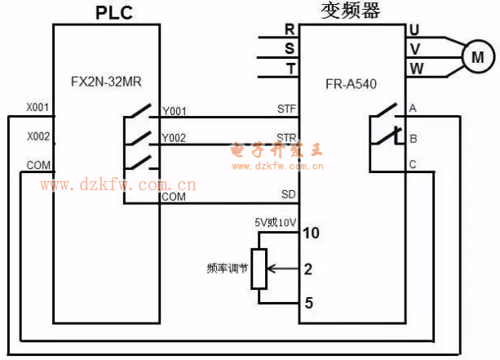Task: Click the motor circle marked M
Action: coord(478,57)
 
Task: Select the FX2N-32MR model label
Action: coord(104,82)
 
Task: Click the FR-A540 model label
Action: coord(352,82)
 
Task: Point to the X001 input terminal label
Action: coord(38,108)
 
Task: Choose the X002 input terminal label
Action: coord(38,136)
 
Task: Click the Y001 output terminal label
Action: coord(175,111)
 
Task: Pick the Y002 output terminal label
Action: coord(175,138)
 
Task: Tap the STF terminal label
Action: coord(286,109)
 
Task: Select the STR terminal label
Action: coord(286,137)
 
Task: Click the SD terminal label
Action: coord(289,194)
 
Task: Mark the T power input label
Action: coord(290,69)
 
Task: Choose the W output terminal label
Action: coord(415,69)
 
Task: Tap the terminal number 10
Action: coord(310,233)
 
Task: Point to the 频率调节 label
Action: coord(226,268)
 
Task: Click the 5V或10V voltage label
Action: coord(274,220)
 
